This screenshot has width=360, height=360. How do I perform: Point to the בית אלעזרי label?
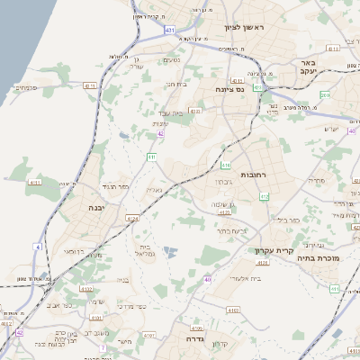(x=246, y=278)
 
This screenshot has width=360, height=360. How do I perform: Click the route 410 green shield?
(x=225, y=166)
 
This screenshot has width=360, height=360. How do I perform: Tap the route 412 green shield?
(x=264, y=196)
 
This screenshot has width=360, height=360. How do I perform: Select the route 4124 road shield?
(x=132, y=217)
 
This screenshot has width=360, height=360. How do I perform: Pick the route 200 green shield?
(x=326, y=94)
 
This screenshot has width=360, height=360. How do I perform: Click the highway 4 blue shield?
(x=38, y=246)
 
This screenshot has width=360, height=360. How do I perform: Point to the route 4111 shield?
(x=35, y=183)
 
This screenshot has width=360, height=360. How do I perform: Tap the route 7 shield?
(x=103, y=347)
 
